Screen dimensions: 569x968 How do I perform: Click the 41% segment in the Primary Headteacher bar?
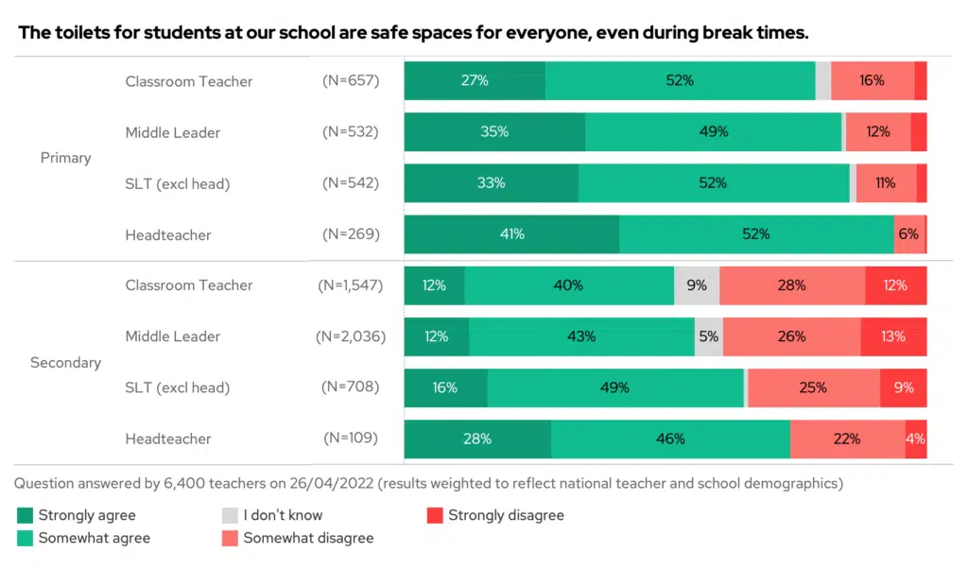511,234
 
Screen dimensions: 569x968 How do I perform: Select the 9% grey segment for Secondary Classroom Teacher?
697,285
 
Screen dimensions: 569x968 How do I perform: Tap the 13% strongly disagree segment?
893,336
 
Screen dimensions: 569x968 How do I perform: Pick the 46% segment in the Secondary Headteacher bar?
670,439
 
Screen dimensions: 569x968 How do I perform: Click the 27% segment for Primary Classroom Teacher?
475,81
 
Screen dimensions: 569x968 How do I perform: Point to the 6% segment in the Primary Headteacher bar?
908,234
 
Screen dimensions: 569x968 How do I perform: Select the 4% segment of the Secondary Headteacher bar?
915,439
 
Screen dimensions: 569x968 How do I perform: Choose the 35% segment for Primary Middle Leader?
494,132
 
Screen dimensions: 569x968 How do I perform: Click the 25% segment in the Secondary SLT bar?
813,388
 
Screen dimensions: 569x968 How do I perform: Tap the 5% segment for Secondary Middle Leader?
708,336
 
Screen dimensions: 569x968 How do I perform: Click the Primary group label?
66,158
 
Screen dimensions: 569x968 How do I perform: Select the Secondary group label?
66,362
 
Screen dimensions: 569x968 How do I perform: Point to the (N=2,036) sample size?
351,336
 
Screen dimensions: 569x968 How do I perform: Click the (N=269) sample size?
351,234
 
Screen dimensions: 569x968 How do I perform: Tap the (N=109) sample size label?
351,439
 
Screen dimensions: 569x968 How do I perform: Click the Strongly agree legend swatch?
26,515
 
